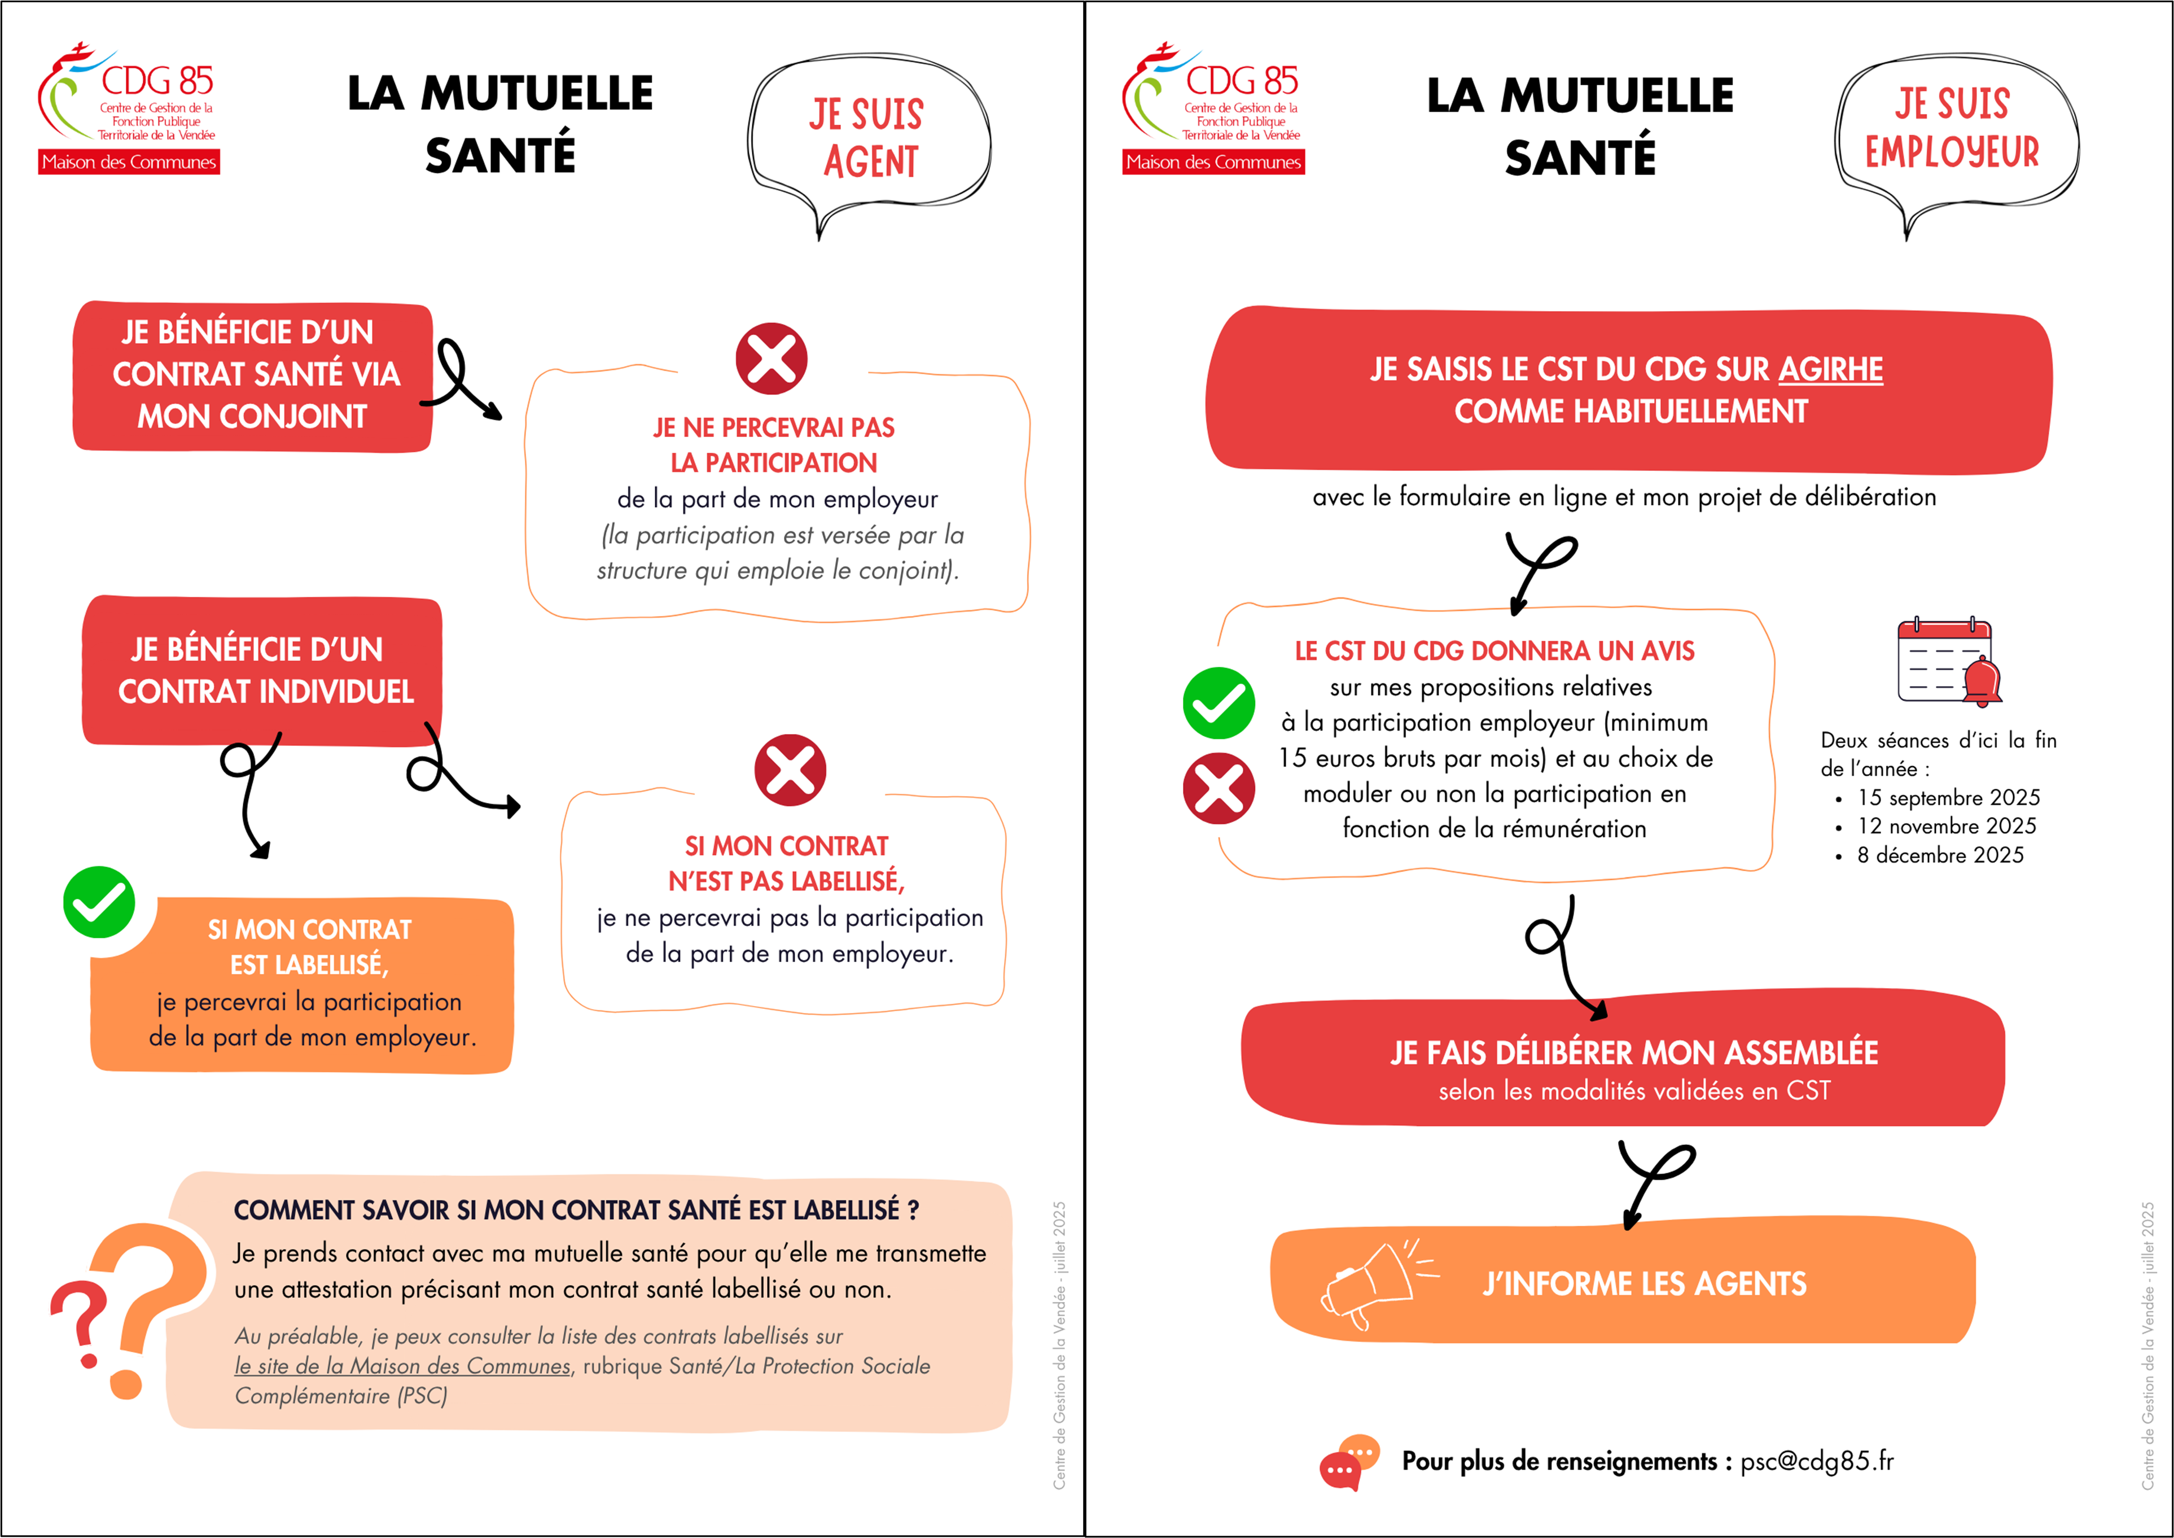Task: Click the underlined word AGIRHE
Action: coord(1830,369)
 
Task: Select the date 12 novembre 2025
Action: coord(1946,826)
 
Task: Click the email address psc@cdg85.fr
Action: coord(1816,1461)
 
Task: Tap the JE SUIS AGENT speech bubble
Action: coord(867,137)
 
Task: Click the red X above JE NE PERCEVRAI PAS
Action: coord(772,359)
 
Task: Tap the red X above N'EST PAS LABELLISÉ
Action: coord(790,770)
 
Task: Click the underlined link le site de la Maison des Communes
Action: coord(402,1366)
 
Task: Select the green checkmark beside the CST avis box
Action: coord(1219,704)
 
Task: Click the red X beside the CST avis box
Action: coord(1219,788)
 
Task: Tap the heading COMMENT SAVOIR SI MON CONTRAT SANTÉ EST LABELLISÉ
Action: coord(576,1211)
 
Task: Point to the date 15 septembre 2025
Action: coord(1948,797)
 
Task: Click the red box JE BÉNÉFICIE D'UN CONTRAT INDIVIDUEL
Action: coord(263,671)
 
